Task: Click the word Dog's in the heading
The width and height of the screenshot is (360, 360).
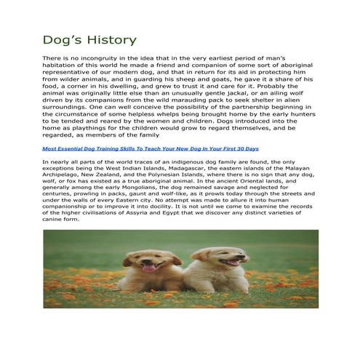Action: [x=63, y=39]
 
